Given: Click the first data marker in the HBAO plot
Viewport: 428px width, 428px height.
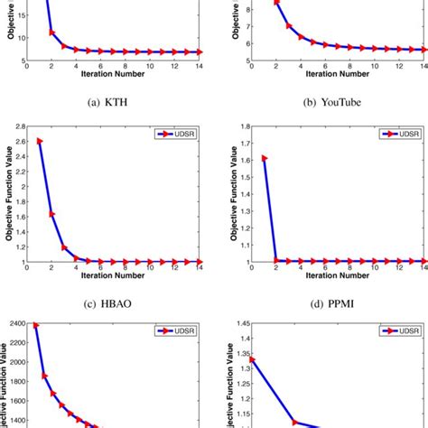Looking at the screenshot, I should coord(40,141).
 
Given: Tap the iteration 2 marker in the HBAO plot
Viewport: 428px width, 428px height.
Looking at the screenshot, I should coord(51,214).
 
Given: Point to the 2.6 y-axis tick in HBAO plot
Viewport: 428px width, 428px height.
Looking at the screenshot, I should coord(19,140).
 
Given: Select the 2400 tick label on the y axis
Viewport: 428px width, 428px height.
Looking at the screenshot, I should coord(15,323).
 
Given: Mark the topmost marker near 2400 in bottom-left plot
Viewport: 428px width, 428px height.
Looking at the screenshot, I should coord(36,325).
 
